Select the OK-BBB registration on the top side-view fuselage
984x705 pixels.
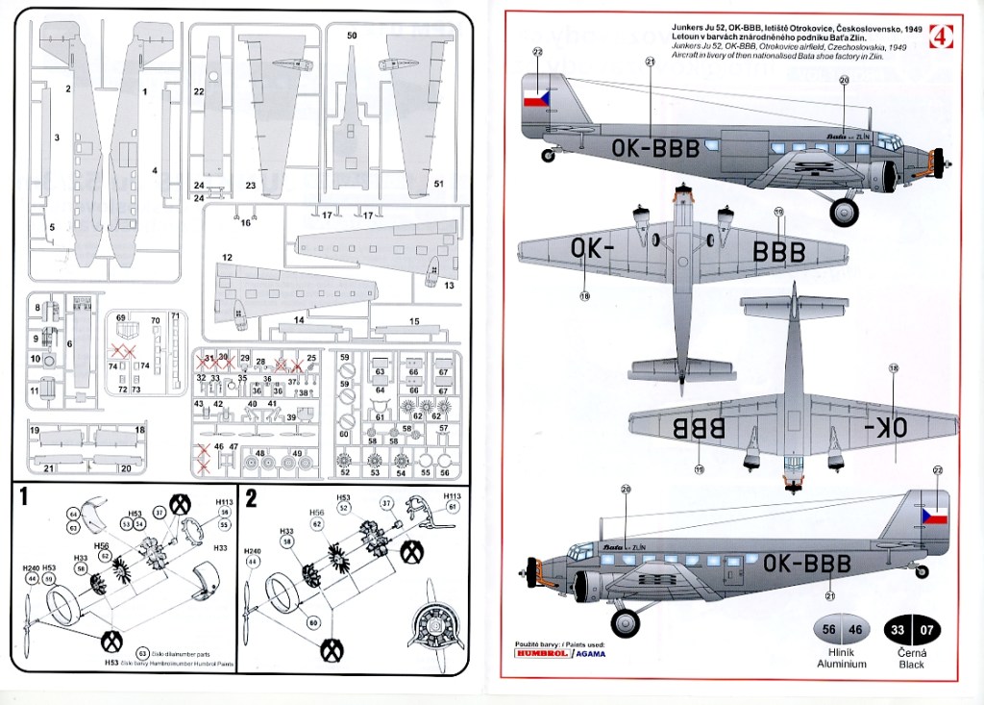click(x=655, y=148)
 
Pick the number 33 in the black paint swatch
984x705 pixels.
click(x=898, y=630)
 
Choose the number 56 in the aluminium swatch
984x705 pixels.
click(x=827, y=630)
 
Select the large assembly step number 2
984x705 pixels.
click(x=252, y=497)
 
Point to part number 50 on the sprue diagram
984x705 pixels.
click(x=352, y=36)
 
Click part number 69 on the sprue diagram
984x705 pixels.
click(x=121, y=316)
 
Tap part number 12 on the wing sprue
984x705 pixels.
click(x=228, y=258)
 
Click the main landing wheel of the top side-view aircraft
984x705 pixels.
click(x=844, y=211)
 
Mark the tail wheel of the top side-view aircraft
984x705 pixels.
click(x=549, y=155)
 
